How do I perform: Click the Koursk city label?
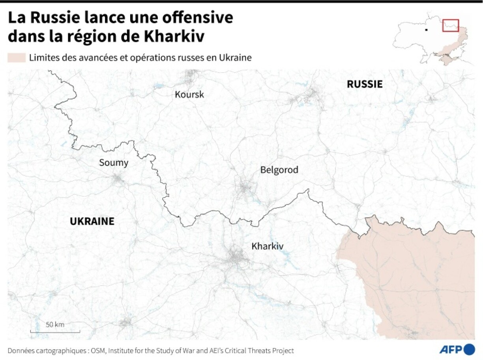click(189, 95)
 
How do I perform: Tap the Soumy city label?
click(114, 162)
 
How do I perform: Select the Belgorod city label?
click(279, 170)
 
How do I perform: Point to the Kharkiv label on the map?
click(268, 246)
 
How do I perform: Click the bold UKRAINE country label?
click(92, 222)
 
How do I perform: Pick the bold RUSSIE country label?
click(364, 84)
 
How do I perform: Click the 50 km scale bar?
click(55, 330)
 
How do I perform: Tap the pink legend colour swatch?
click(16, 58)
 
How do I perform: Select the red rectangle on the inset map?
click(450, 25)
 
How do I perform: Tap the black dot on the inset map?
click(425, 29)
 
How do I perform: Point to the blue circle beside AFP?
click(470, 349)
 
